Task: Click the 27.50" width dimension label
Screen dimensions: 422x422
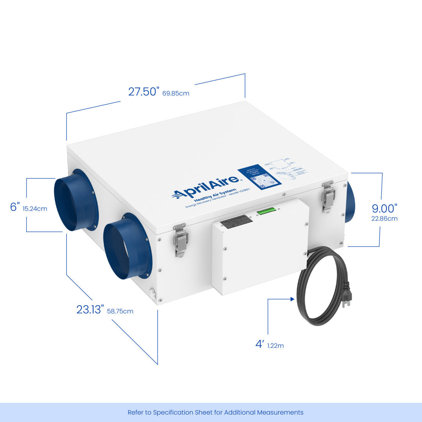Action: click(144, 91)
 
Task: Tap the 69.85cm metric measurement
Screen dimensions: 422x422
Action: click(176, 93)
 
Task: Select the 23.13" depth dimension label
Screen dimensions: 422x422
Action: click(90, 309)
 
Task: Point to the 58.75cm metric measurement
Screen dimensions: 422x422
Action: click(120, 311)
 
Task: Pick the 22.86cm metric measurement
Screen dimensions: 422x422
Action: click(384, 219)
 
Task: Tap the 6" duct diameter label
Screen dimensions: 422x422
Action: click(15, 207)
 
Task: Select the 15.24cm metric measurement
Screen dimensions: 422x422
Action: click(35, 209)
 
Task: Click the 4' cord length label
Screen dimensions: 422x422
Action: click(259, 344)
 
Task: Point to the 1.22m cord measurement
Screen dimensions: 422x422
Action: click(276, 346)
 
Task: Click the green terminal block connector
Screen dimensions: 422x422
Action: click(266, 211)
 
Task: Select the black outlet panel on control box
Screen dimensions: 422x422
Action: click(236, 221)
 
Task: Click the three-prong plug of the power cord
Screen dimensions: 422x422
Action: click(346, 297)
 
